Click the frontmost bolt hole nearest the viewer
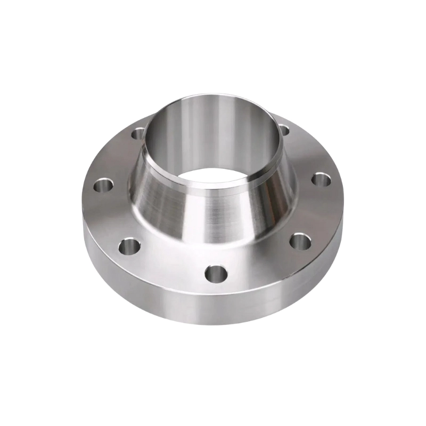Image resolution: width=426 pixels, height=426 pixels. pyautogui.click(x=216, y=274)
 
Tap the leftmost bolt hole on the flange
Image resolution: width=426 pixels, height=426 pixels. pyautogui.click(x=103, y=186)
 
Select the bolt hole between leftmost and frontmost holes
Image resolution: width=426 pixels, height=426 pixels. pyautogui.click(x=129, y=246)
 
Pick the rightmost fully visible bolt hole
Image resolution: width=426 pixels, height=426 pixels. pyautogui.click(x=321, y=179)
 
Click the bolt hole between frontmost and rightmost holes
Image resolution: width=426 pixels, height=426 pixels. pyautogui.click(x=300, y=241)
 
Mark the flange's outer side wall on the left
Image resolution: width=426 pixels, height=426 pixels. pyautogui.click(x=96, y=240)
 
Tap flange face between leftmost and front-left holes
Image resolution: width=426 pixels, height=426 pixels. pyautogui.click(x=109, y=216)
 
